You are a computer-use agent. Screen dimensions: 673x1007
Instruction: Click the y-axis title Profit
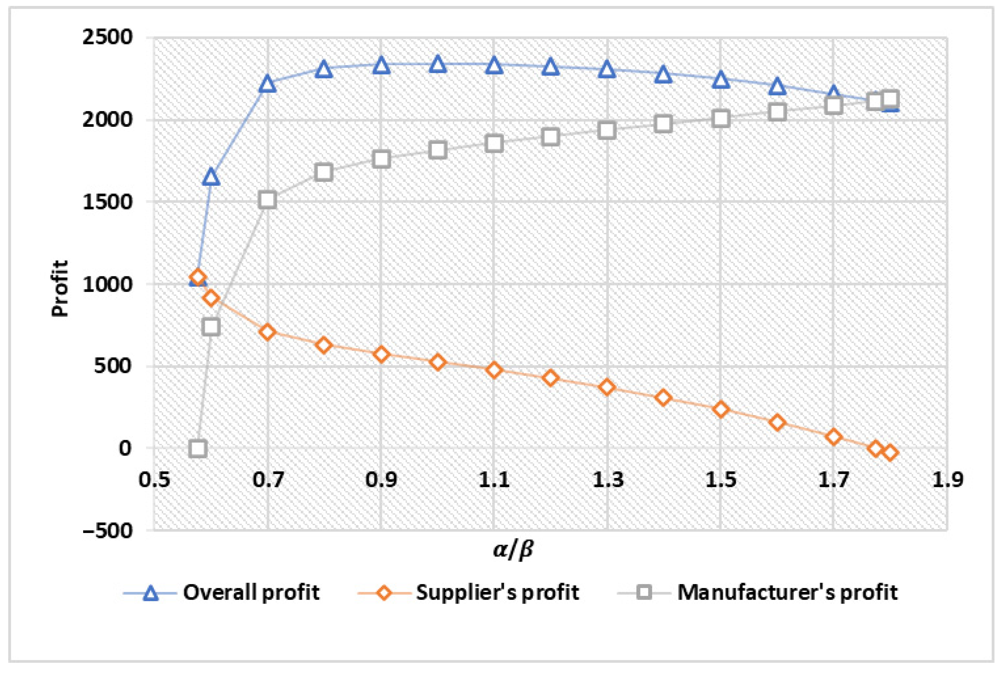click(x=60, y=289)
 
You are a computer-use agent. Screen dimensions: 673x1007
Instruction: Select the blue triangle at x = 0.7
click(x=268, y=84)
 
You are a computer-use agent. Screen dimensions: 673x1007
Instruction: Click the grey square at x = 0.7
click(x=268, y=200)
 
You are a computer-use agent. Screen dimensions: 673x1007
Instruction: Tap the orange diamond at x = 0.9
click(x=381, y=354)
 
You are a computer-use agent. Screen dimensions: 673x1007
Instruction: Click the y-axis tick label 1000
click(x=108, y=284)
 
